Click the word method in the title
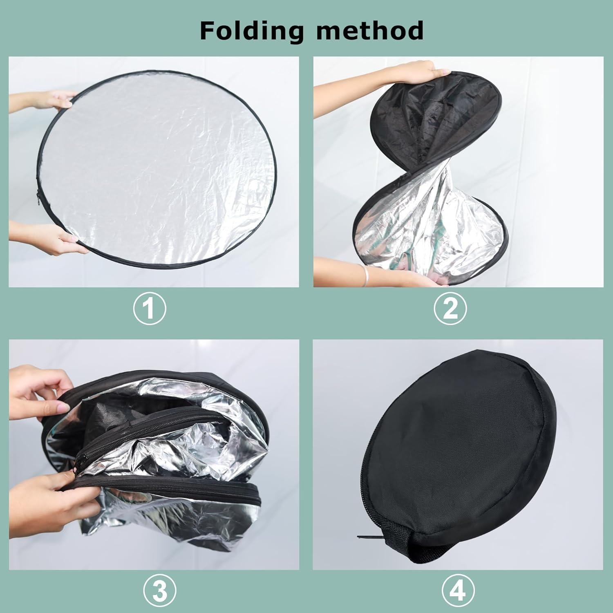tap(370, 31)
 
